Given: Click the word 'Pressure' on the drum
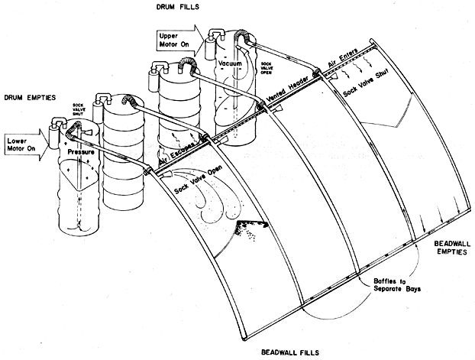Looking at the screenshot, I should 82,153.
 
